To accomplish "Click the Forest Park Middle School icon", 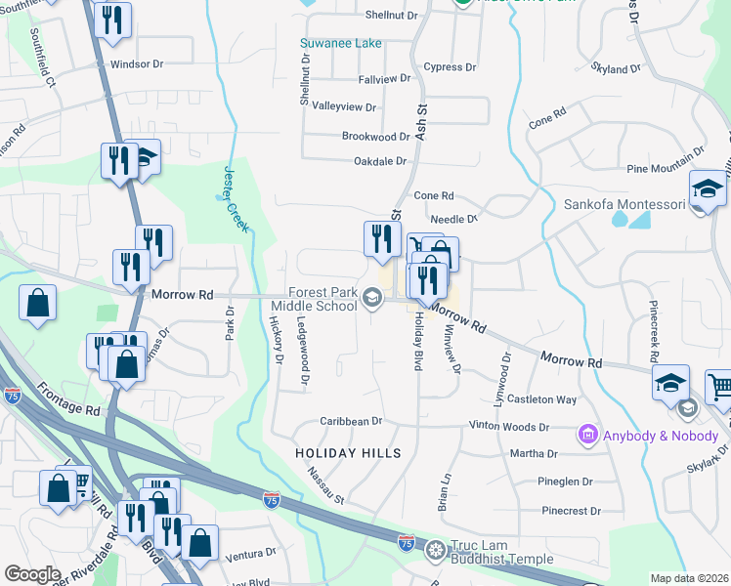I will (371, 298).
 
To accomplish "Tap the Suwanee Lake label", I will (342, 44).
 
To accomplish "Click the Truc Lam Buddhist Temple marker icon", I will (436, 551).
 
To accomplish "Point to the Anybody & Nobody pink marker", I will (587, 432).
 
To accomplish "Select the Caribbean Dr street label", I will (350, 421).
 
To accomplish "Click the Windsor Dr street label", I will (136, 64).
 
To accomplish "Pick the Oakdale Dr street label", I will (379, 161).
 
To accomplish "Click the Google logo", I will (32, 574).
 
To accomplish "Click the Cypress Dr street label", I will (450, 67).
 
